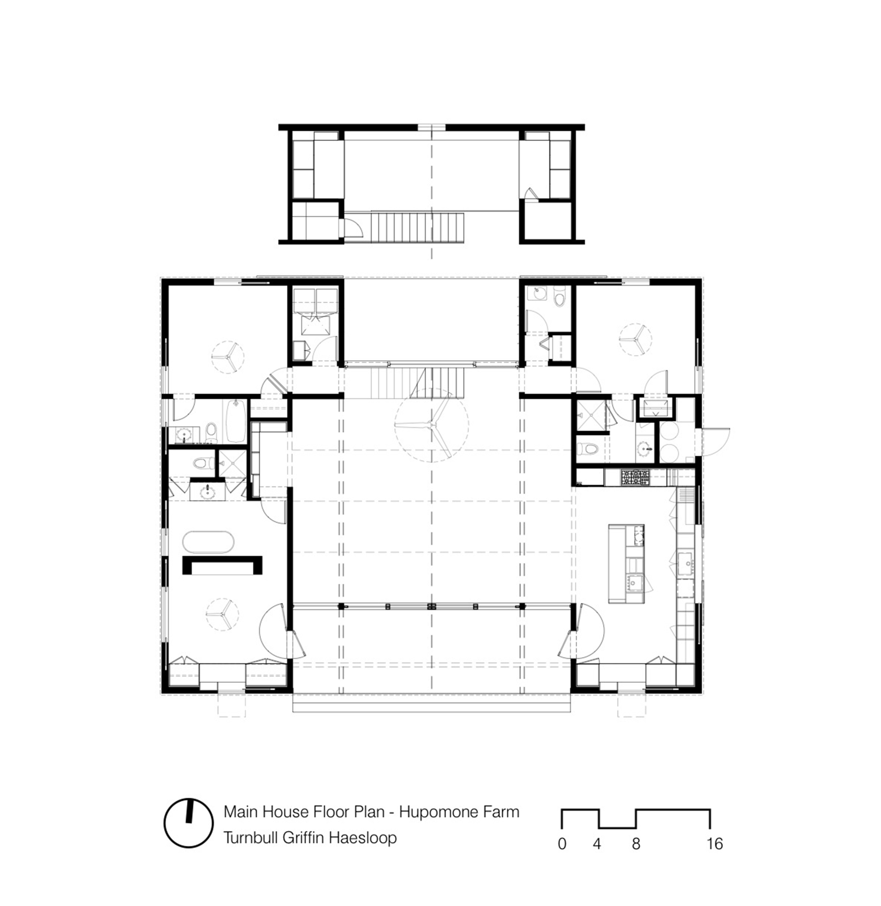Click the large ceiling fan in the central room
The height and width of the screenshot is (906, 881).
tap(431, 424)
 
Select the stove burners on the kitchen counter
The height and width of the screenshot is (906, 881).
tap(636, 477)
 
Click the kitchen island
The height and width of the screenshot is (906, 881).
tap(626, 563)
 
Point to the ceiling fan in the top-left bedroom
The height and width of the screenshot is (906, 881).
tap(227, 357)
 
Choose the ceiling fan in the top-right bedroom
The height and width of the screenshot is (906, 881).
tap(635, 340)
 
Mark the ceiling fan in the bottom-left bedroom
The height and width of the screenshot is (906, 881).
tap(222, 614)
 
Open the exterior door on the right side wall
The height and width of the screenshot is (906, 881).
tap(715, 442)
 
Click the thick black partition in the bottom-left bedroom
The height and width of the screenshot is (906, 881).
tap(222, 565)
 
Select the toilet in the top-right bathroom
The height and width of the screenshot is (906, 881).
tap(560, 298)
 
